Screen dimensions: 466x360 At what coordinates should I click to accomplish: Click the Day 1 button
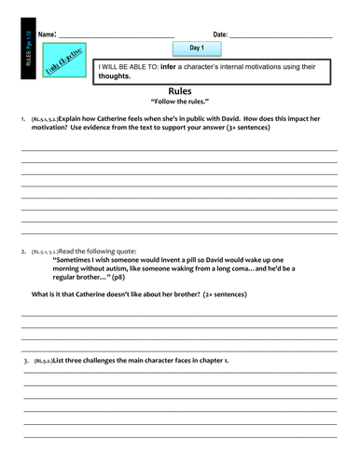coord(197,47)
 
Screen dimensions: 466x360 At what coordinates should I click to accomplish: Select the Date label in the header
coord(220,34)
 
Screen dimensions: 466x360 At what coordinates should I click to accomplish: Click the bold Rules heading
coord(180,90)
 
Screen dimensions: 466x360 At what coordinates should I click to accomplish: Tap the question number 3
coord(27,360)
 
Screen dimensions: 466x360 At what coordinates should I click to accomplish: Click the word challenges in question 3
coord(97,360)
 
